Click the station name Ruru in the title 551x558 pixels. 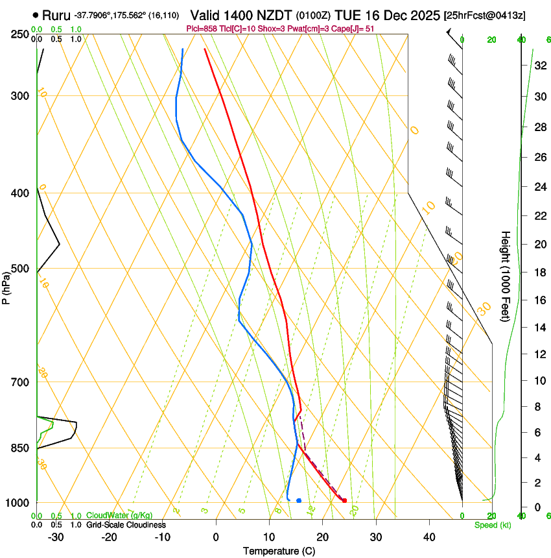(x=56, y=14)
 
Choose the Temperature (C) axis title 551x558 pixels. (x=279, y=551)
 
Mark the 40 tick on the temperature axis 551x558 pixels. (x=429, y=537)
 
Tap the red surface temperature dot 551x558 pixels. (x=344, y=500)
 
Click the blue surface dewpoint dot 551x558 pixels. (x=299, y=500)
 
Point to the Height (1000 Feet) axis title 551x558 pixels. (x=506, y=276)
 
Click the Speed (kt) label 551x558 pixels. (x=492, y=525)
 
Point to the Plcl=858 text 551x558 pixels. (x=203, y=29)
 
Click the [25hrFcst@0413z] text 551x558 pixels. (x=495, y=15)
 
